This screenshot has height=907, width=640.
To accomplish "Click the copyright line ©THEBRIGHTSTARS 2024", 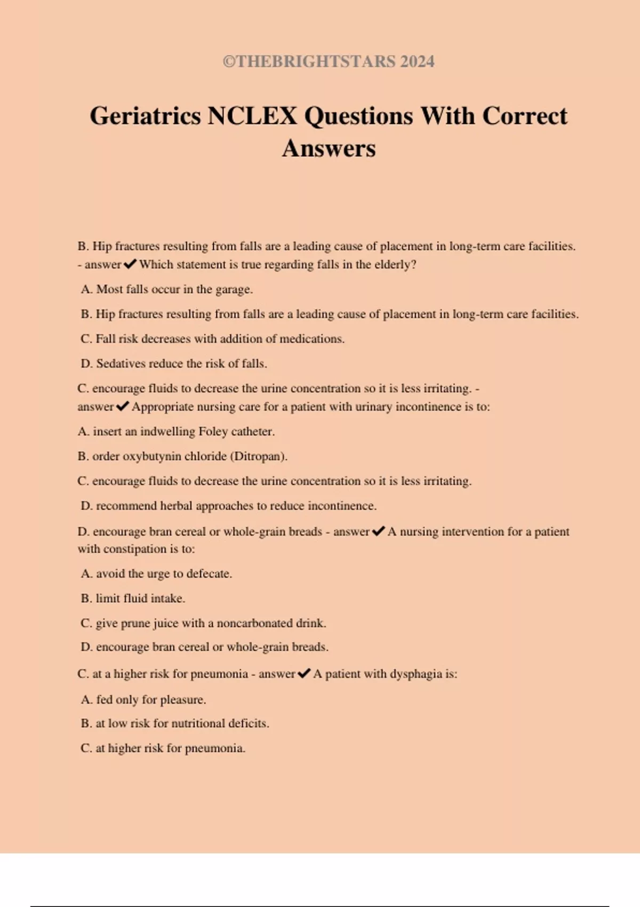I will click(x=329, y=61).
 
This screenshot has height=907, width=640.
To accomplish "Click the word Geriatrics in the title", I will click(x=146, y=116).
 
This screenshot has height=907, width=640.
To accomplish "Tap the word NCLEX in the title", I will click(x=252, y=116).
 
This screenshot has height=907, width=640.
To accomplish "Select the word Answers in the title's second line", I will click(x=329, y=148).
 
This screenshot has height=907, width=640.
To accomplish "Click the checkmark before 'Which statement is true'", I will click(x=130, y=264).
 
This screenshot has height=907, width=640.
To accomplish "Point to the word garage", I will click(x=233, y=290).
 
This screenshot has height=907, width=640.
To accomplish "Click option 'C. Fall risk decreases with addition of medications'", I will click(x=212, y=339).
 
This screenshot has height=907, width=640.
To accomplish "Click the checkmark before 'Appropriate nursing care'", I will click(x=122, y=407).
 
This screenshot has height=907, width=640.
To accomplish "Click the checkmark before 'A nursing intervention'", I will click(x=378, y=531).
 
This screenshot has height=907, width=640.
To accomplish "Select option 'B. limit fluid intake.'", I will click(x=133, y=599).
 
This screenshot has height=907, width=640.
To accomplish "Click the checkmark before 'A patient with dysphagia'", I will click(x=304, y=674).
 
